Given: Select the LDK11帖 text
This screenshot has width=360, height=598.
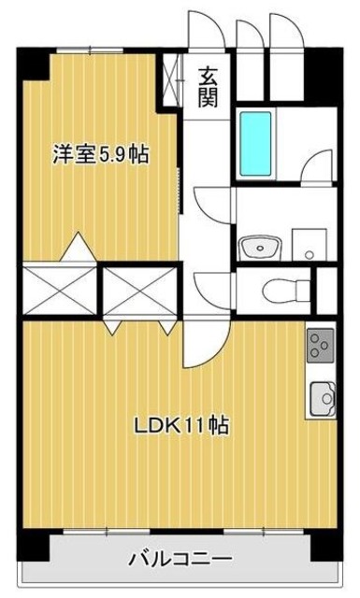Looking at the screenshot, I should coord(181,425).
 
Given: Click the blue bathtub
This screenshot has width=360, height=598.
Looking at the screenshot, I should coord(255,143).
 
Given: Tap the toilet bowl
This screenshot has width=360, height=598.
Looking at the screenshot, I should coord(278,289).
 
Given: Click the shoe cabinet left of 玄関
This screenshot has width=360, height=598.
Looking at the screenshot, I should coord(172,83).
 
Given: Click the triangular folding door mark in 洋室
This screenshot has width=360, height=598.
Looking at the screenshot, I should coord(79,247).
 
